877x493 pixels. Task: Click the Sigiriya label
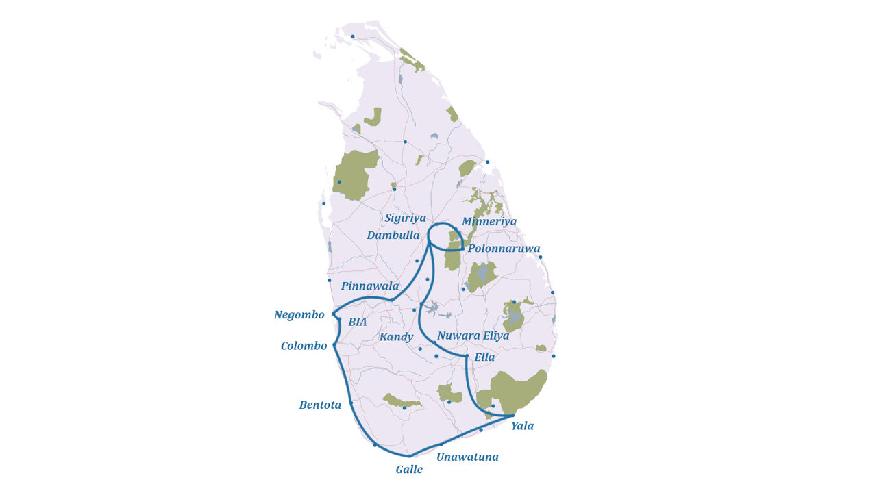coord(405,218)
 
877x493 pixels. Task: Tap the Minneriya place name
coord(489,222)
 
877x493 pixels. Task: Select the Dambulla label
coord(393,236)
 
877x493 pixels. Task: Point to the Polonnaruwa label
coord(504,249)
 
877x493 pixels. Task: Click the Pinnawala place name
coord(369,286)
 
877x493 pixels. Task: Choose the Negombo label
coord(299,315)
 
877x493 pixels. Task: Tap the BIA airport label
coord(357,322)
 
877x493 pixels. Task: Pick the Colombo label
coord(304,346)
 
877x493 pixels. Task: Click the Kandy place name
coord(396,337)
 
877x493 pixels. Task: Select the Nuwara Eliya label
coord(473,336)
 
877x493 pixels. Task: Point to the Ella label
coord(484,357)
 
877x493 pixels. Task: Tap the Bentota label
coord(320,405)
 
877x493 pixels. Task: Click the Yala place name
coord(522,426)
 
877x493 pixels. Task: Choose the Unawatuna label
coord(467,457)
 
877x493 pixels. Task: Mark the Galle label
coord(409,470)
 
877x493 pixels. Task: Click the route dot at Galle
coord(409,456)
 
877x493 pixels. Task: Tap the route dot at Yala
coord(512,416)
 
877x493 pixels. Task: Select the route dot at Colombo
coord(334,345)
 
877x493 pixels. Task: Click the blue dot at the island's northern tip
coord(353,36)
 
